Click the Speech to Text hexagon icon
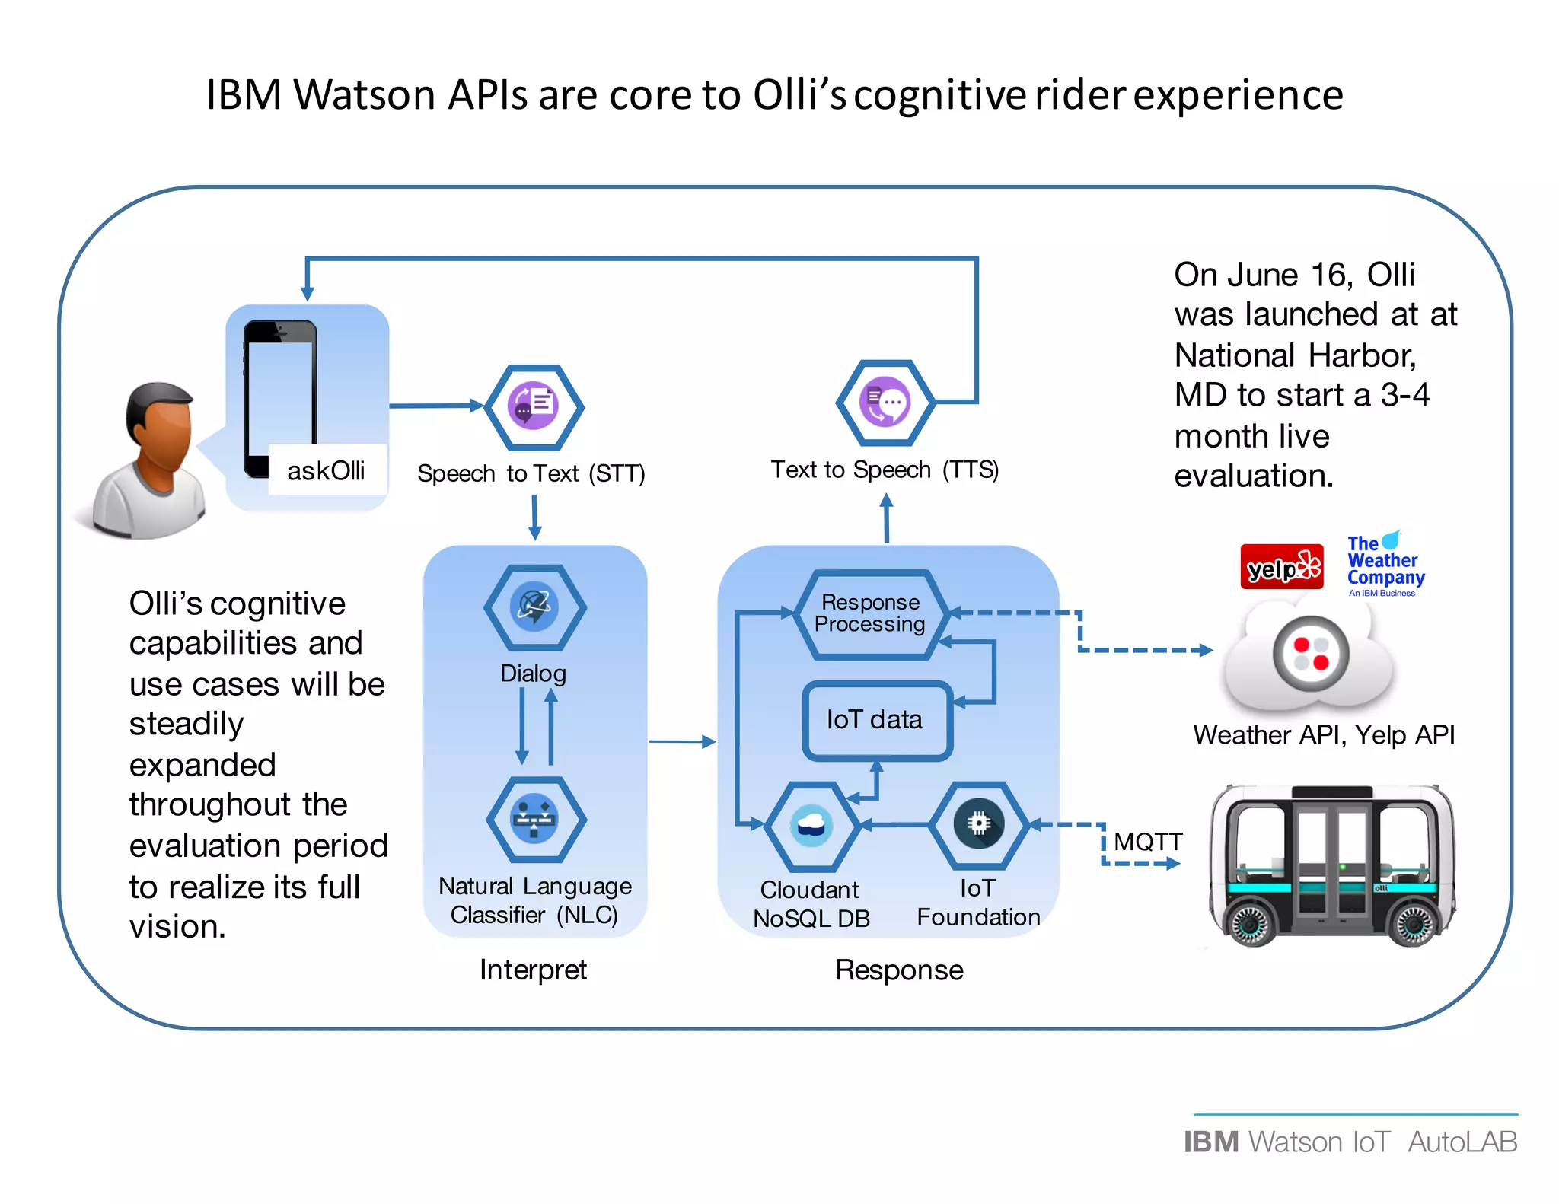pos(534,406)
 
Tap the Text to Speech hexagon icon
pos(885,402)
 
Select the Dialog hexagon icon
pos(534,607)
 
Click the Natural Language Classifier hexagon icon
pos(535,820)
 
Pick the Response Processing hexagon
pos(870,613)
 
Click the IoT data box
pos(875,720)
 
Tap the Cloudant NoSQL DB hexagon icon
pos(811,826)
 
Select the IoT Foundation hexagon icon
pos(978,824)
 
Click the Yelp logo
pos(1281,567)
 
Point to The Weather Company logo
pos(1384,564)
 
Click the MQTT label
pos(1148,842)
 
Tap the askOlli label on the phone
pos(326,471)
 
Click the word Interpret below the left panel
pos(533,970)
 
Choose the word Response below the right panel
pos(899,970)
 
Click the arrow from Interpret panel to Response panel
pos(681,741)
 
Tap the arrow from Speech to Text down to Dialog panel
pos(534,518)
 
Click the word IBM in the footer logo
pos(1211,1142)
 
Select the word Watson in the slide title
pos(364,96)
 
